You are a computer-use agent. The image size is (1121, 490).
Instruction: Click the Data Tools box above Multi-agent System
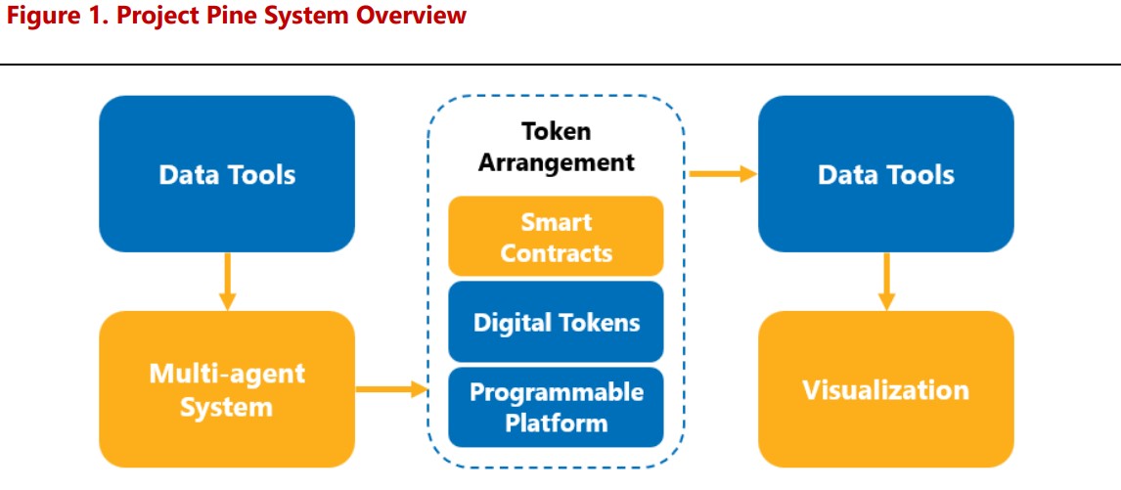pyautogui.click(x=227, y=174)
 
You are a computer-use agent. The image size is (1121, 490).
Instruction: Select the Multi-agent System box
pyautogui.click(x=227, y=389)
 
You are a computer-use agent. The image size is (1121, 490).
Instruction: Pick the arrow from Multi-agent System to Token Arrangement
pyautogui.click(x=391, y=389)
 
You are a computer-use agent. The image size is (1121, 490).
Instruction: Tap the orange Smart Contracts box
pyautogui.click(x=556, y=237)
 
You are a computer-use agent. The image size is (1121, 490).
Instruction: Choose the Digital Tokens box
pyautogui.click(x=556, y=322)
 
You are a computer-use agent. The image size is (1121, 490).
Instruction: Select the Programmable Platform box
pyautogui.click(x=556, y=407)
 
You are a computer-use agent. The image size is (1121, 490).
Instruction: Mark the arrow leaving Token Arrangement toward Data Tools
pyautogui.click(x=723, y=174)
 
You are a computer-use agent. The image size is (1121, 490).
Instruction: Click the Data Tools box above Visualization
pyautogui.click(x=886, y=174)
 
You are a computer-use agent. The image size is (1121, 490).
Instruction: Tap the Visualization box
pyautogui.click(x=886, y=389)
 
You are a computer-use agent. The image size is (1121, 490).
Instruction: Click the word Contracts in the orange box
pyautogui.click(x=556, y=252)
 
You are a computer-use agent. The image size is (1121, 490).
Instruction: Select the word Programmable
pyautogui.click(x=556, y=392)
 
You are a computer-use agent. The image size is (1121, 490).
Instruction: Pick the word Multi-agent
pyautogui.click(x=227, y=374)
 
